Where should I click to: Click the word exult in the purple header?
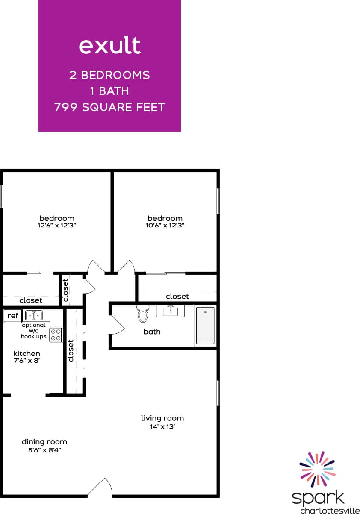pos(109,45)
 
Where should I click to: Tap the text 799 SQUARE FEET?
pos(109,107)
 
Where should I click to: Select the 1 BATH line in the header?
pos(109,91)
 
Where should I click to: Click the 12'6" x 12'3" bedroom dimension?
pos(57,225)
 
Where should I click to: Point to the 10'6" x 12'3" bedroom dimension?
pos(165,225)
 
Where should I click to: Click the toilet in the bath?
pos(142,314)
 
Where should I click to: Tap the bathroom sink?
pos(170,311)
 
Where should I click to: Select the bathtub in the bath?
pos(205,325)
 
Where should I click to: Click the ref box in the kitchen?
pos(13,316)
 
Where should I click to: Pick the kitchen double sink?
pos(33,315)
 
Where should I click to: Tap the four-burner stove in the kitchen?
pos(56,335)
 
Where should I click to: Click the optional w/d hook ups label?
pos(34,331)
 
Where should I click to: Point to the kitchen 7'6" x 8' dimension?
pos(27,361)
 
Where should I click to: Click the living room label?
pos(162,418)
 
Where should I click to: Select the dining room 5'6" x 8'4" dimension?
pos(44,449)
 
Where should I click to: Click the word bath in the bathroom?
pos(152,332)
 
